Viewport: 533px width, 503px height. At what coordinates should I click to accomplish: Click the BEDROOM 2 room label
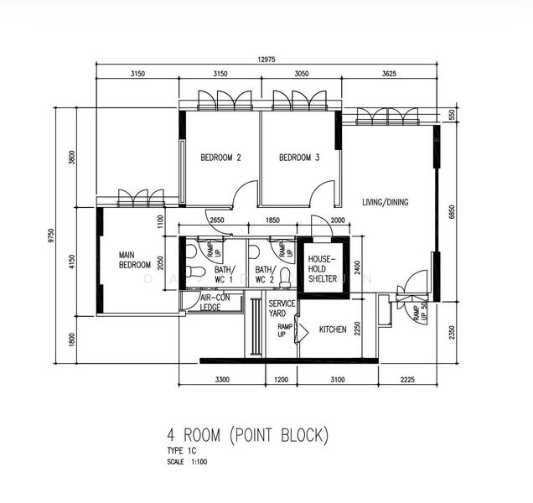220,158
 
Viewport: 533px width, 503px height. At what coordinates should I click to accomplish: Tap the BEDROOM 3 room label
299,158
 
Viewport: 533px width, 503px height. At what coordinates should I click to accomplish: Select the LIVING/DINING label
386,202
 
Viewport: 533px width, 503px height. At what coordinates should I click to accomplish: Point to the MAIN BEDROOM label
134,260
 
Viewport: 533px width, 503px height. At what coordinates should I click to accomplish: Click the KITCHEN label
333,329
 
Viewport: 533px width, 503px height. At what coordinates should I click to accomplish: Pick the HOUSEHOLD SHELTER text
322,269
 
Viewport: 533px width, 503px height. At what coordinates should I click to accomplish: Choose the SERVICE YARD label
282,308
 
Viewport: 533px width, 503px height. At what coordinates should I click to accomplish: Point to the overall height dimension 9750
51,237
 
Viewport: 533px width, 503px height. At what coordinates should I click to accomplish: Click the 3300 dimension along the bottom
222,380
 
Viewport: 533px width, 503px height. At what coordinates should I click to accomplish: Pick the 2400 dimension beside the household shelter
356,267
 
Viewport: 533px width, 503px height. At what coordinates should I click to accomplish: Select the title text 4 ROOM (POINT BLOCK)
249,436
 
